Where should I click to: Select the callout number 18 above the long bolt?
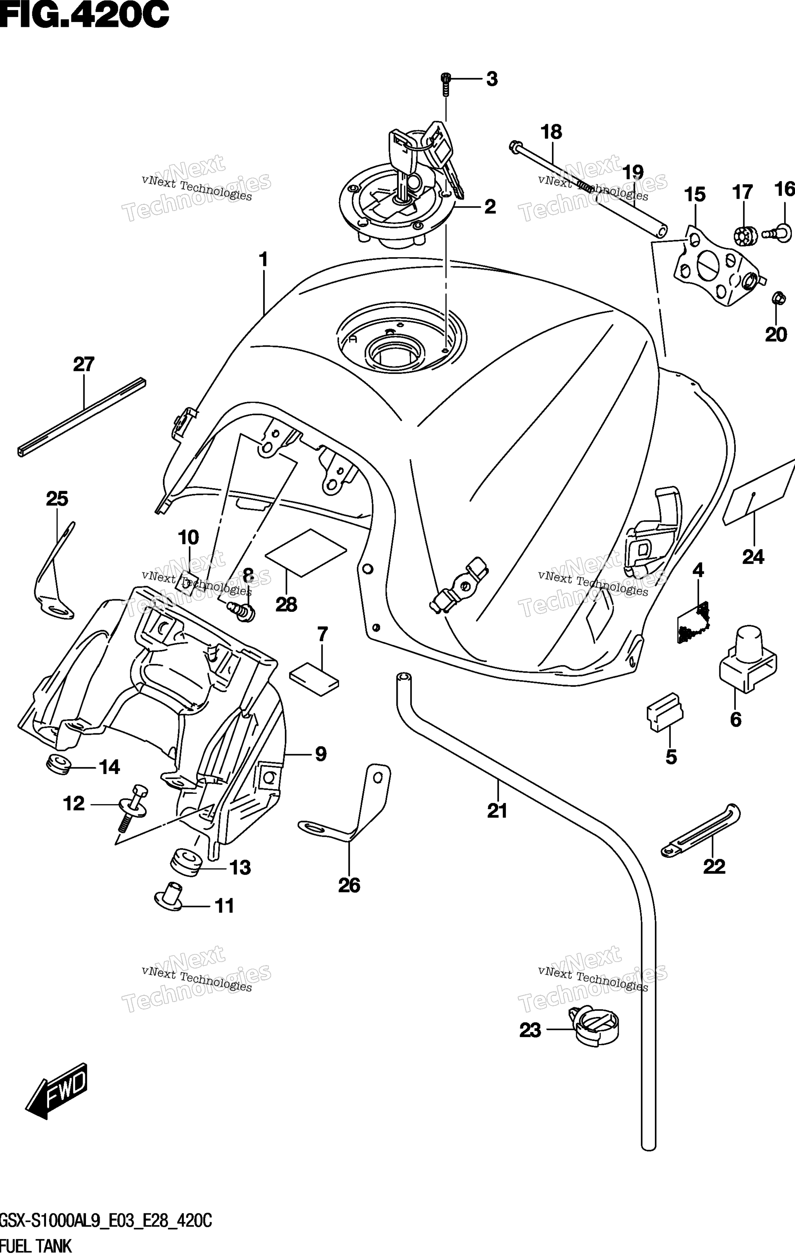[x=551, y=132]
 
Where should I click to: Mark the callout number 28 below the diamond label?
[x=286, y=605]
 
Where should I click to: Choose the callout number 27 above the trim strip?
[x=83, y=364]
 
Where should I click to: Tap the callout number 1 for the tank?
[x=263, y=259]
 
